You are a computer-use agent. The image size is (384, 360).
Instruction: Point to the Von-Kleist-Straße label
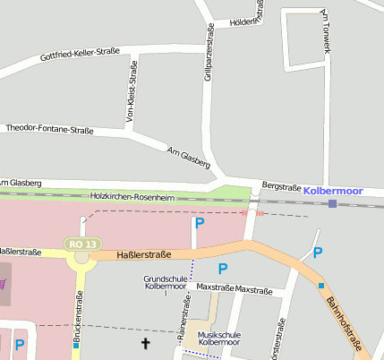click(133, 92)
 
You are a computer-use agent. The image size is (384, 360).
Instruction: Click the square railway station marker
click(333, 204)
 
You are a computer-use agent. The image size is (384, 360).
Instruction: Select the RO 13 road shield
click(82, 244)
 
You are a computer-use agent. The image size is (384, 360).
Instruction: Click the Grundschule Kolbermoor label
click(166, 284)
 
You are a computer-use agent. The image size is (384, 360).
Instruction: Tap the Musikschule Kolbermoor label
click(217, 338)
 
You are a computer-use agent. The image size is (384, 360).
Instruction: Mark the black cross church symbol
click(147, 343)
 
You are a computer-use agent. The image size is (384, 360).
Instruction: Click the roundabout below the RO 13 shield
click(82, 257)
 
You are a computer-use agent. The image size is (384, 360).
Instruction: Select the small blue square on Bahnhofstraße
click(321, 286)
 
